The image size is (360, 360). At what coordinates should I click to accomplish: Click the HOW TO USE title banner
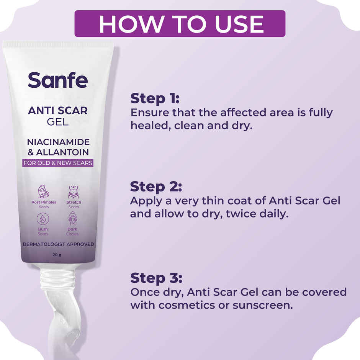180,24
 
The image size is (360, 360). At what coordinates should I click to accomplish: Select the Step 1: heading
155,98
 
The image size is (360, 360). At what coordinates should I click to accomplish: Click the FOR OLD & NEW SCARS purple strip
58,163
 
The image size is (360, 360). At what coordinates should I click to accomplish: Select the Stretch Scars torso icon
74,191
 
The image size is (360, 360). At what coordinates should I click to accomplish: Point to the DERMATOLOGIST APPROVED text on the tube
58,244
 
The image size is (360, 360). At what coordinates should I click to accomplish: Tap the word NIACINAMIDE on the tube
58,142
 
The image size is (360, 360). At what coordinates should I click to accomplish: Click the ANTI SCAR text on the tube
58,111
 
